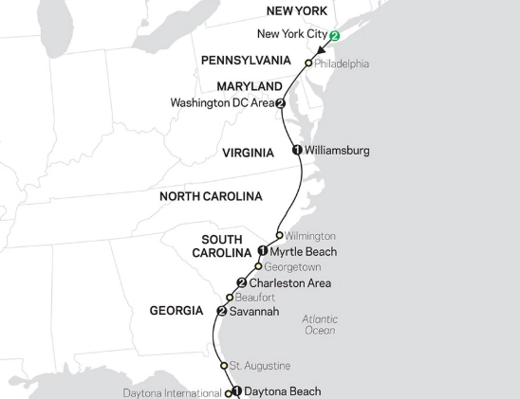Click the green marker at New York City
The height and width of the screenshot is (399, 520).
click(x=333, y=37)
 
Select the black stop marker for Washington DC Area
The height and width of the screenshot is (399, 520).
click(x=280, y=103)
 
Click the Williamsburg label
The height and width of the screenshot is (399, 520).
click(x=336, y=150)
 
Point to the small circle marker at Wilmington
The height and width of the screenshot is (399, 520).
click(x=279, y=235)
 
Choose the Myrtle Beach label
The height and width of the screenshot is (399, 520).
click(x=304, y=251)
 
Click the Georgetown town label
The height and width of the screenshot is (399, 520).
click(x=293, y=267)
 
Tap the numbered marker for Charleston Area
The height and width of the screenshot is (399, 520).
click(x=241, y=282)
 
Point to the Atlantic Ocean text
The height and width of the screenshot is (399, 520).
click(x=319, y=325)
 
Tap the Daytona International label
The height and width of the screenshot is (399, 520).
click(x=172, y=391)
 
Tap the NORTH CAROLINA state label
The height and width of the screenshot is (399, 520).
click(x=211, y=196)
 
